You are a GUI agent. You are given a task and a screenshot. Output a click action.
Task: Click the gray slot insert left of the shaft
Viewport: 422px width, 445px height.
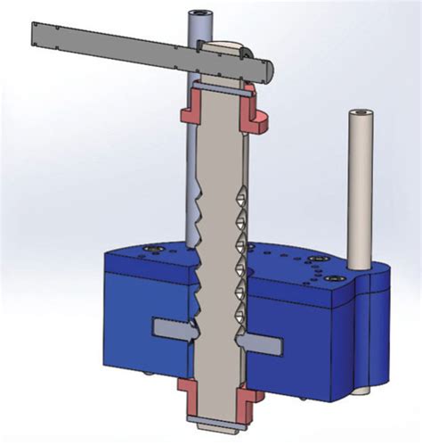point(169,328)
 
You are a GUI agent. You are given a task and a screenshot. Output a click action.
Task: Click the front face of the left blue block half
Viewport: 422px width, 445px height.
point(142,294)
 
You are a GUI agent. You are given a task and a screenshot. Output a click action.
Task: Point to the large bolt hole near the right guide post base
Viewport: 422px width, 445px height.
point(318,260)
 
